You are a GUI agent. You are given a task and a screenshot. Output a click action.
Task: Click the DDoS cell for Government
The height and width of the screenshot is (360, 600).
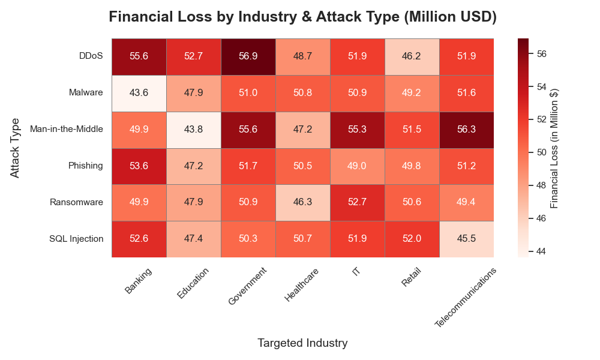[x=248, y=56]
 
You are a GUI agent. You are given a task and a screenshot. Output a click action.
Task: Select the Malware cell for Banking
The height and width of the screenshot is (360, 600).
[x=139, y=92]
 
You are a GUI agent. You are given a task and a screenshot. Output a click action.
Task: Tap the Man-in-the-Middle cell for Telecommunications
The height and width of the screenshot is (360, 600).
[x=467, y=129]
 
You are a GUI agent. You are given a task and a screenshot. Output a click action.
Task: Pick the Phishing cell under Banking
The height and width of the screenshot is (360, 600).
[x=139, y=166]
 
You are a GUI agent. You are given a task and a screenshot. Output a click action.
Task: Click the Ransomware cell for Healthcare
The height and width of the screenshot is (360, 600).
[x=303, y=202]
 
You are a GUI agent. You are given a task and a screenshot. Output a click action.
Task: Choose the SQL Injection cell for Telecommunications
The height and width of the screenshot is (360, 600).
[x=467, y=239]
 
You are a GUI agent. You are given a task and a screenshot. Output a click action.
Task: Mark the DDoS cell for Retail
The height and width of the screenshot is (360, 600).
[x=412, y=56]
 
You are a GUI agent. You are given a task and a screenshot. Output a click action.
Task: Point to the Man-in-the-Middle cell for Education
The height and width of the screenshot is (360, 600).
[x=194, y=129]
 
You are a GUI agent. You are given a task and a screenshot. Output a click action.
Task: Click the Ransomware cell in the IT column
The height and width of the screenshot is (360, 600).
[x=358, y=202]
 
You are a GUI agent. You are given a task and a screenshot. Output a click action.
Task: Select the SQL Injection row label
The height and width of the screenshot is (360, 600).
[x=76, y=239]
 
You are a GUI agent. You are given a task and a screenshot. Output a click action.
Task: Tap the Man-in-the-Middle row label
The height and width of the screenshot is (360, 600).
[x=66, y=129]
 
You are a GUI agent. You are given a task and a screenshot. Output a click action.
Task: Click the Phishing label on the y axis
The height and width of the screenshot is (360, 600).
[x=86, y=166]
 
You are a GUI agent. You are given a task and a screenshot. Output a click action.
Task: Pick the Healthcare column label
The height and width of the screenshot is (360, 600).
[x=302, y=285]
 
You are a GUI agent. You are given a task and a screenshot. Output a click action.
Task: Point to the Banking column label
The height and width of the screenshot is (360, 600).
[x=139, y=281]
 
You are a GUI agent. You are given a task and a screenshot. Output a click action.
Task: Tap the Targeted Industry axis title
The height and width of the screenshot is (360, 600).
[x=302, y=343]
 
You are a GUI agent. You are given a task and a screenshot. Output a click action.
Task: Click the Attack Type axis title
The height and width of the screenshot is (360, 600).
[x=16, y=148]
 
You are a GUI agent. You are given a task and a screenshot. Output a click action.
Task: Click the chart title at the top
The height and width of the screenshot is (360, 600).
[x=302, y=17]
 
